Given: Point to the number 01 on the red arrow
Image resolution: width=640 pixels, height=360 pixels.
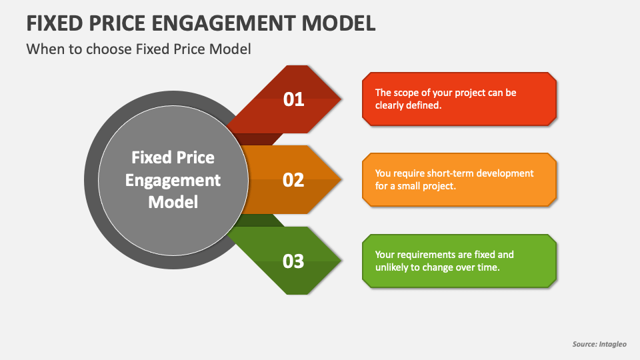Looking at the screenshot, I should pos(293,99).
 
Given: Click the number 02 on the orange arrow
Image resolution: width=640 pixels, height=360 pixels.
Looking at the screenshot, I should pos(293,180).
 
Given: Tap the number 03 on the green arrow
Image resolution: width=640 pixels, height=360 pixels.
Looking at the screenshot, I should pos(293,261).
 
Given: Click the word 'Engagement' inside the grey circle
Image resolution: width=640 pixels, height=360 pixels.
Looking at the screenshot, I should pos(173,180).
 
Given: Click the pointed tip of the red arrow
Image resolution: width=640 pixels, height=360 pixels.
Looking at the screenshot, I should pos(341,99).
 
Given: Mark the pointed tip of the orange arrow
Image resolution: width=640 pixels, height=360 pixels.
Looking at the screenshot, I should pos(341,180).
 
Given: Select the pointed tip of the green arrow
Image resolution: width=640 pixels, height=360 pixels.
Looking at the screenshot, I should pos(341,261).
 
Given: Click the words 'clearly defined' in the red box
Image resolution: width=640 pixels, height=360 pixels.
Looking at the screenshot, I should pos(408,105).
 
